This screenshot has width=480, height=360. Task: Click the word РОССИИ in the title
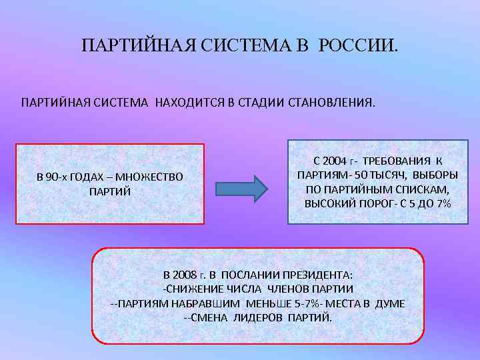click(357, 46)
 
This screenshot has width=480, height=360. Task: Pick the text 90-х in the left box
click(55, 177)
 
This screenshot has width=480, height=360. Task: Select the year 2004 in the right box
click(335, 161)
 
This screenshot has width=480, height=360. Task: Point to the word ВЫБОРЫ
click(435, 175)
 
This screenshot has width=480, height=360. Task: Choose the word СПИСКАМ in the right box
click(425, 189)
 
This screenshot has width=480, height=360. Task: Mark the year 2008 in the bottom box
click(185, 275)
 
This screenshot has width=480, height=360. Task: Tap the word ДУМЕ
click(390, 303)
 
